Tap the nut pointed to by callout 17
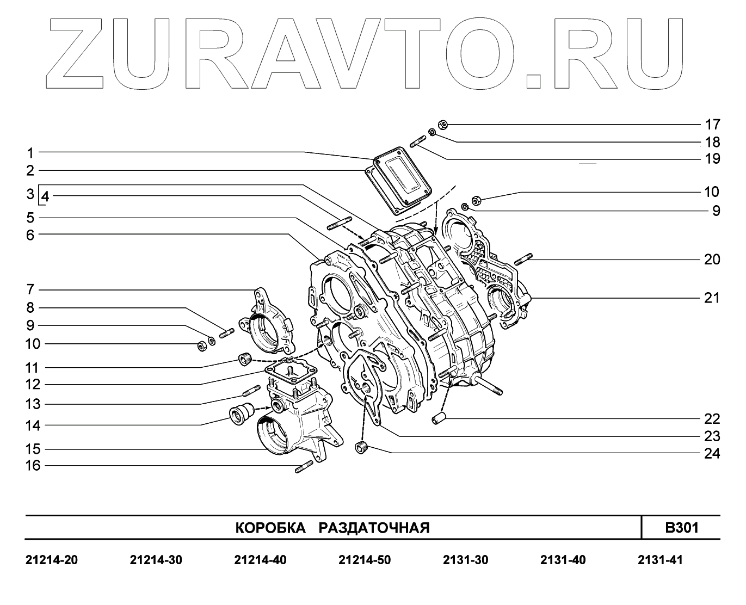[x=442, y=125]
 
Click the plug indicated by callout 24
[x=362, y=448]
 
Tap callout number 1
[x=31, y=152]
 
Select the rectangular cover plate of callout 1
[x=403, y=175]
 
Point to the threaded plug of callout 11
[x=244, y=359]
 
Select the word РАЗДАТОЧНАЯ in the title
[x=374, y=528]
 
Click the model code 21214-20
[x=52, y=560]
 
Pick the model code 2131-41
[x=660, y=560]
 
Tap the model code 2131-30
[x=465, y=560]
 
